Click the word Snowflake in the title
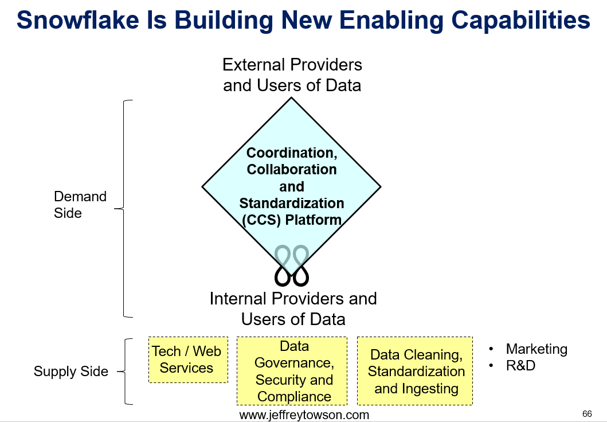click(77, 19)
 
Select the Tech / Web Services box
click(188, 360)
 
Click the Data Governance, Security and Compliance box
click(292, 371)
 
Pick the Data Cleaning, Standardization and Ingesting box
click(414, 371)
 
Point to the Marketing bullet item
click(536, 349)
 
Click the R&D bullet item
click(520, 365)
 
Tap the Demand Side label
click(80, 205)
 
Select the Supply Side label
click(71, 372)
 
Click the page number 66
click(587, 414)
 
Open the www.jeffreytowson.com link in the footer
click(304, 415)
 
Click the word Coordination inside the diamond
click(292, 153)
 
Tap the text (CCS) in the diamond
click(261, 220)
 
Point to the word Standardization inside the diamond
click(292, 203)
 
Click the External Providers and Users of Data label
click(292, 75)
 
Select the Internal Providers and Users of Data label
click(293, 309)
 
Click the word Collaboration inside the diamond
click(292, 170)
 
